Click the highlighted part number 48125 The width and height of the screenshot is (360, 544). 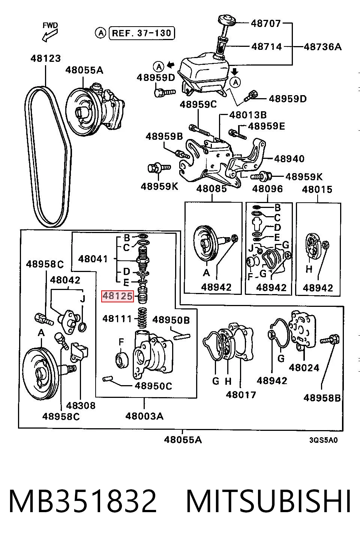[x=118, y=296]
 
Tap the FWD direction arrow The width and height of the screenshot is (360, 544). [x=50, y=35]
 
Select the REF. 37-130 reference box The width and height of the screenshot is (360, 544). [x=142, y=33]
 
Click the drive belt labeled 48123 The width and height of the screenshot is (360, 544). [x=48, y=155]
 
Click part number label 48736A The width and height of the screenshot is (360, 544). [x=322, y=46]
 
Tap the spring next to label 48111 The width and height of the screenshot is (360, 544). [x=142, y=318]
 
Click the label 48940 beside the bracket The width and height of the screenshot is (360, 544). [x=289, y=159]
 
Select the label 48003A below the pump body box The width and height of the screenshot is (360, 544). [x=144, y=416]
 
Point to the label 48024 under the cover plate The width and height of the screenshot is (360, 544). [x=304, y=368]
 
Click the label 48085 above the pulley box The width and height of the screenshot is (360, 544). [x=211, y=189]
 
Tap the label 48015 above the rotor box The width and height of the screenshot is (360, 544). [x=317, y=190]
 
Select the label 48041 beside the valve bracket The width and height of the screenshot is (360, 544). [x=93, y=259]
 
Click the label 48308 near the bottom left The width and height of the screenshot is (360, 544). [x=81, y=405]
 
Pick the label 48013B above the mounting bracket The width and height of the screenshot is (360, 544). [x=248, y=115]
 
